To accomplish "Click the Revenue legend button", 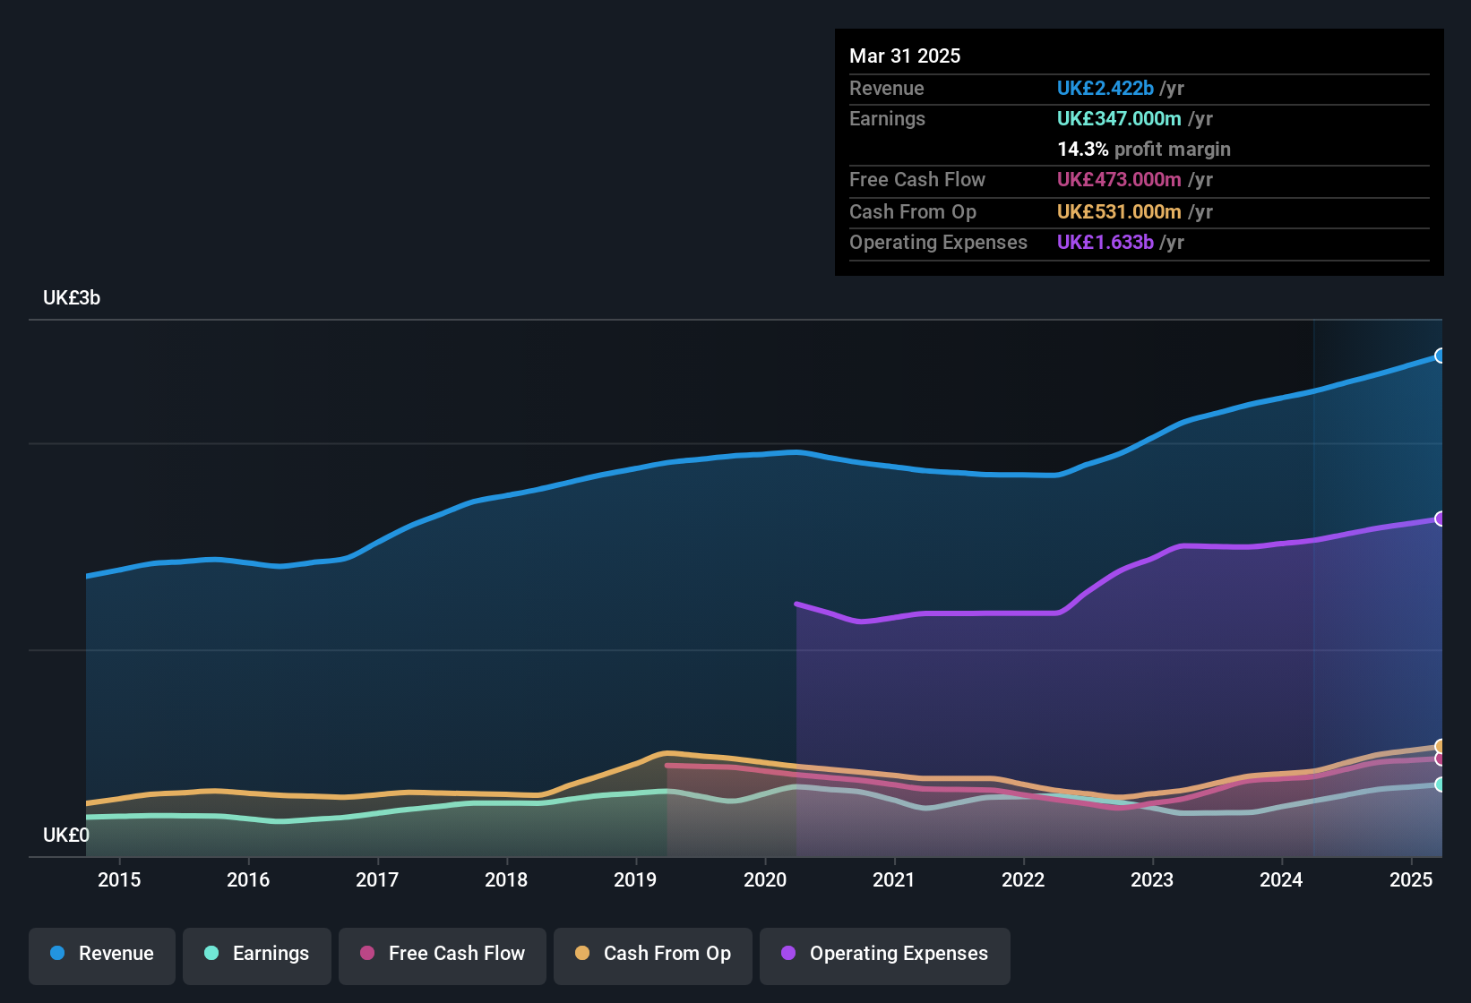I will (x=102, y=954).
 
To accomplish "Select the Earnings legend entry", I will (x=257, y=954).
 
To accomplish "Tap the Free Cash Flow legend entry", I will (x=443, y=954).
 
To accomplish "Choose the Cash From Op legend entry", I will (x=653, y=954).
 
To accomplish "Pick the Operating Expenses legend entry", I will (x=884, y=954).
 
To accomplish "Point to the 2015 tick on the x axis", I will (x=119, y=879).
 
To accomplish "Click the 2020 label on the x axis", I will (x=765, y=879).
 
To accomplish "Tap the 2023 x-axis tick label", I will (x=1152, y=879).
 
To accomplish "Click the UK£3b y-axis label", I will (x=72, y=298).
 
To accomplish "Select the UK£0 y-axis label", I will (x=66, y=835).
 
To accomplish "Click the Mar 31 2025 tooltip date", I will (x=905, y=56).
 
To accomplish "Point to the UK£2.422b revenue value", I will (x=1105, y=88).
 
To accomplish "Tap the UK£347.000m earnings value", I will (x=1119, y=118).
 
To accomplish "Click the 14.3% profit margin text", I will (x=1143, y=149).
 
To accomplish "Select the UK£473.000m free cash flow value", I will (x=1119, y=179).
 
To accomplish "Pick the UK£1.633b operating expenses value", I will (x=1105, y=242).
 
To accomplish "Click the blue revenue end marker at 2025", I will (x=1440, y=356).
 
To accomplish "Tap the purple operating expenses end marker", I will (x=1440, y=519).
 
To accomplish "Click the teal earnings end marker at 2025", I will (x=1440, y=784).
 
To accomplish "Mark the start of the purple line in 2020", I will (x=797, y=604).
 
